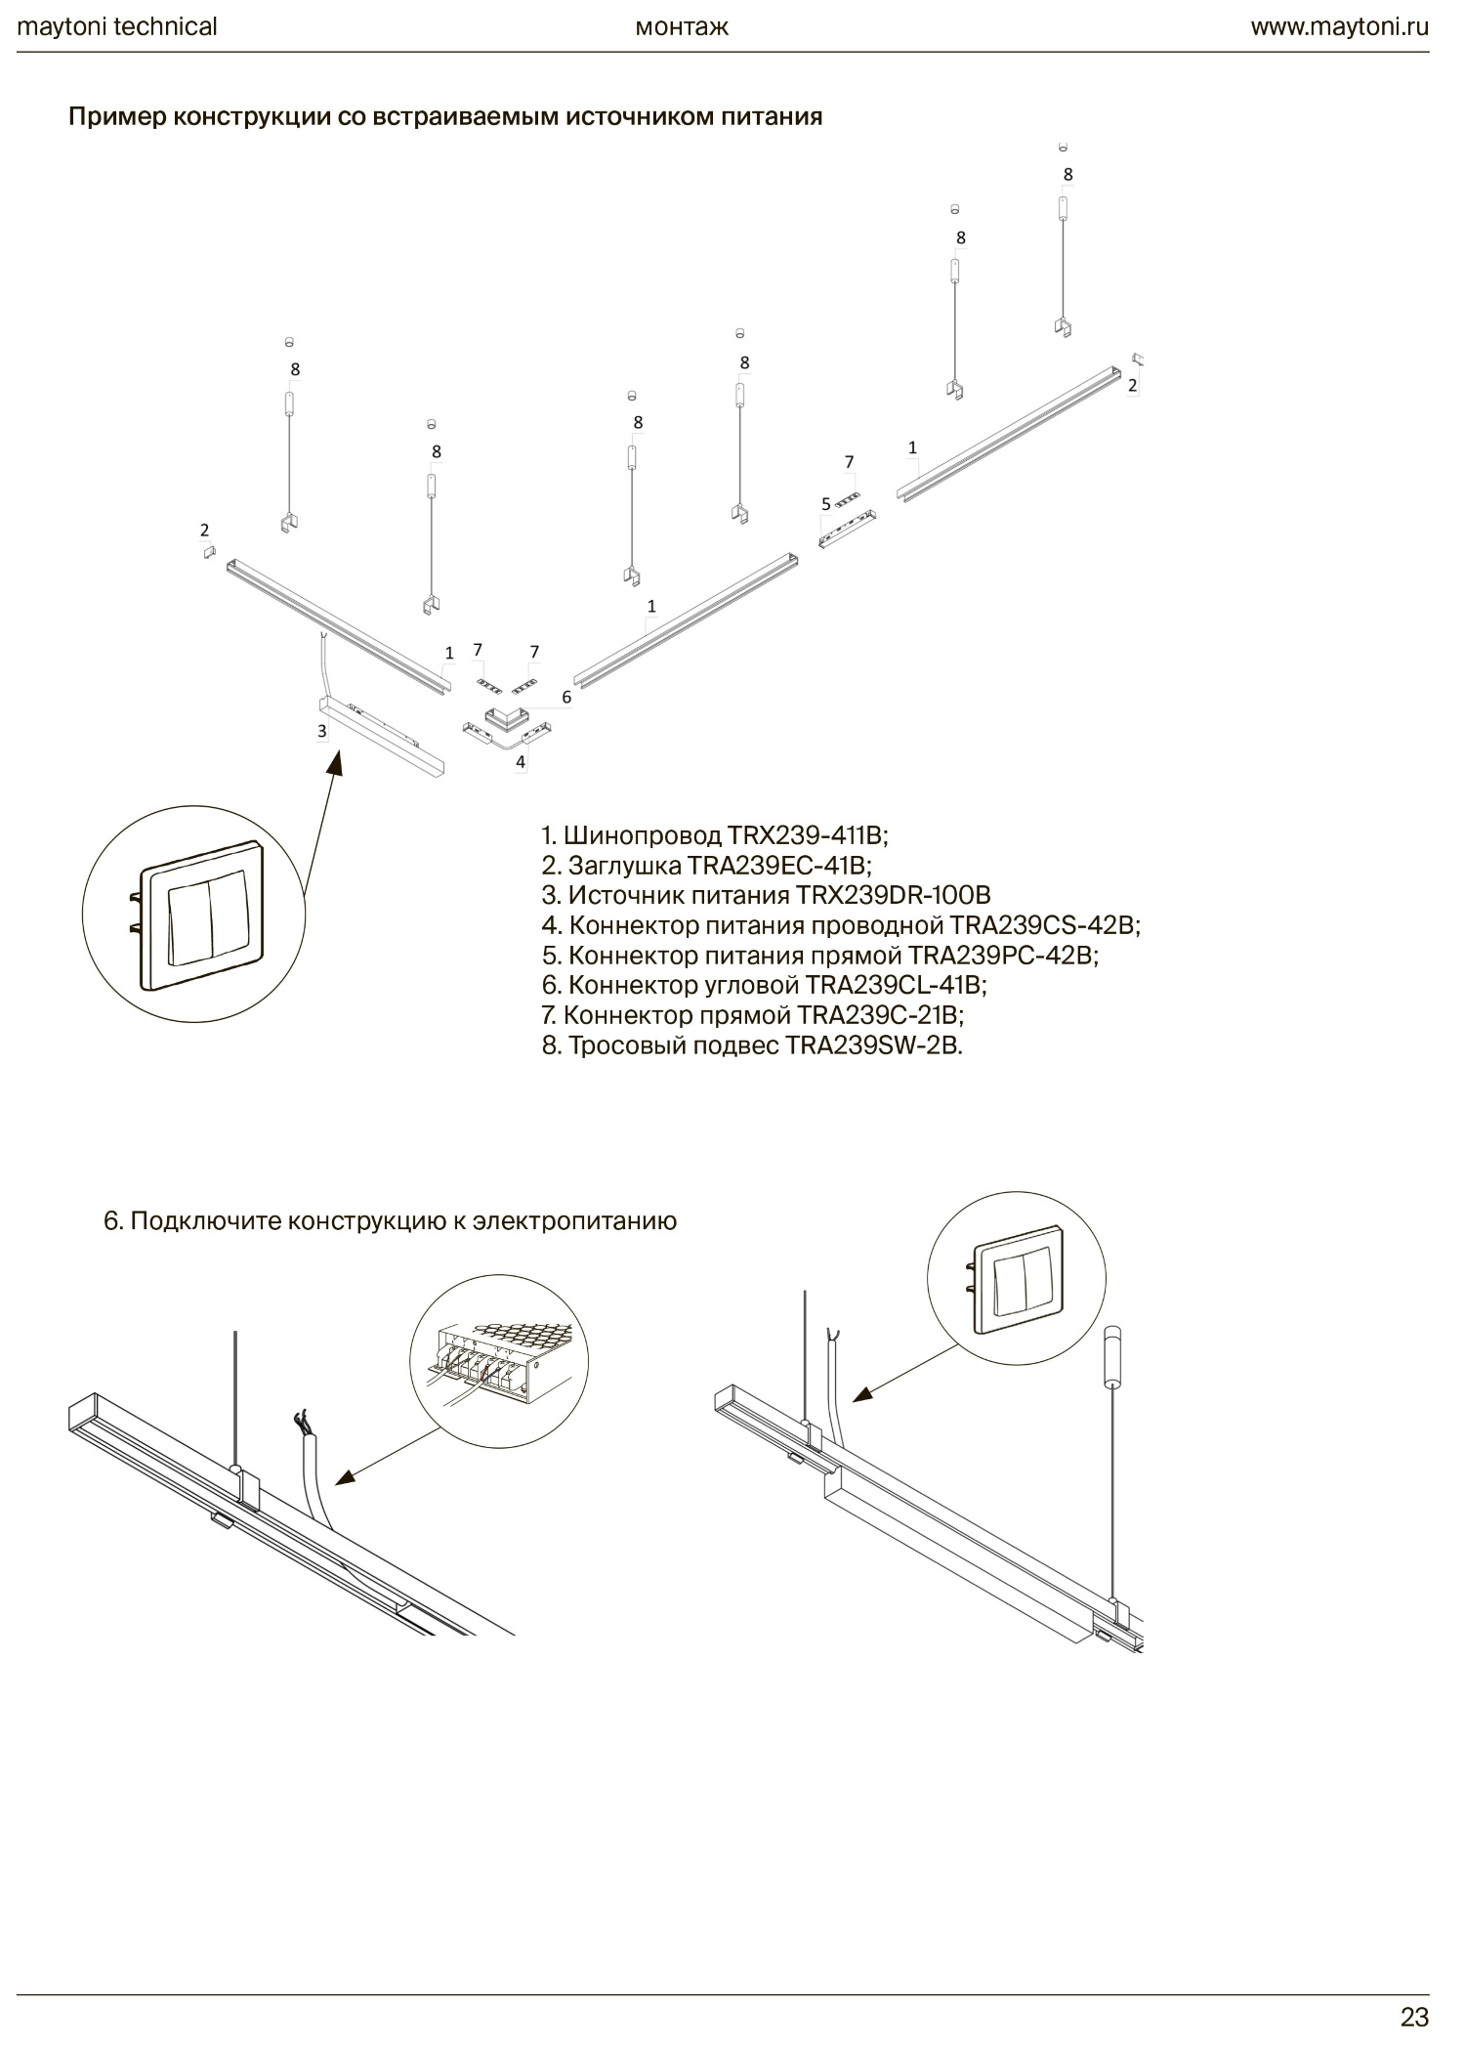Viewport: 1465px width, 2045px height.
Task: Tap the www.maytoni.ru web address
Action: pos(1339,26)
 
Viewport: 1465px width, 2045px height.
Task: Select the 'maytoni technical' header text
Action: pos(117,26)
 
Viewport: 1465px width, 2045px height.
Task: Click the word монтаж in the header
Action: pos(682,26)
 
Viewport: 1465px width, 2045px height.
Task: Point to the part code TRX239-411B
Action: pos(806,835)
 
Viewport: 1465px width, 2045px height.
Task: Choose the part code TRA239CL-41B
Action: pos(896,984)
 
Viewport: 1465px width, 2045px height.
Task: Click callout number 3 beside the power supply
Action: pos(322,731)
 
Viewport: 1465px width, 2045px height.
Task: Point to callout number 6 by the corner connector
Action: pos(566,698)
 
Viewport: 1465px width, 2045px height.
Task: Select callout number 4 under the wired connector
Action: pos(521,761)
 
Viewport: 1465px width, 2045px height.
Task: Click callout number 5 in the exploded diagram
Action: pos(826,504)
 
